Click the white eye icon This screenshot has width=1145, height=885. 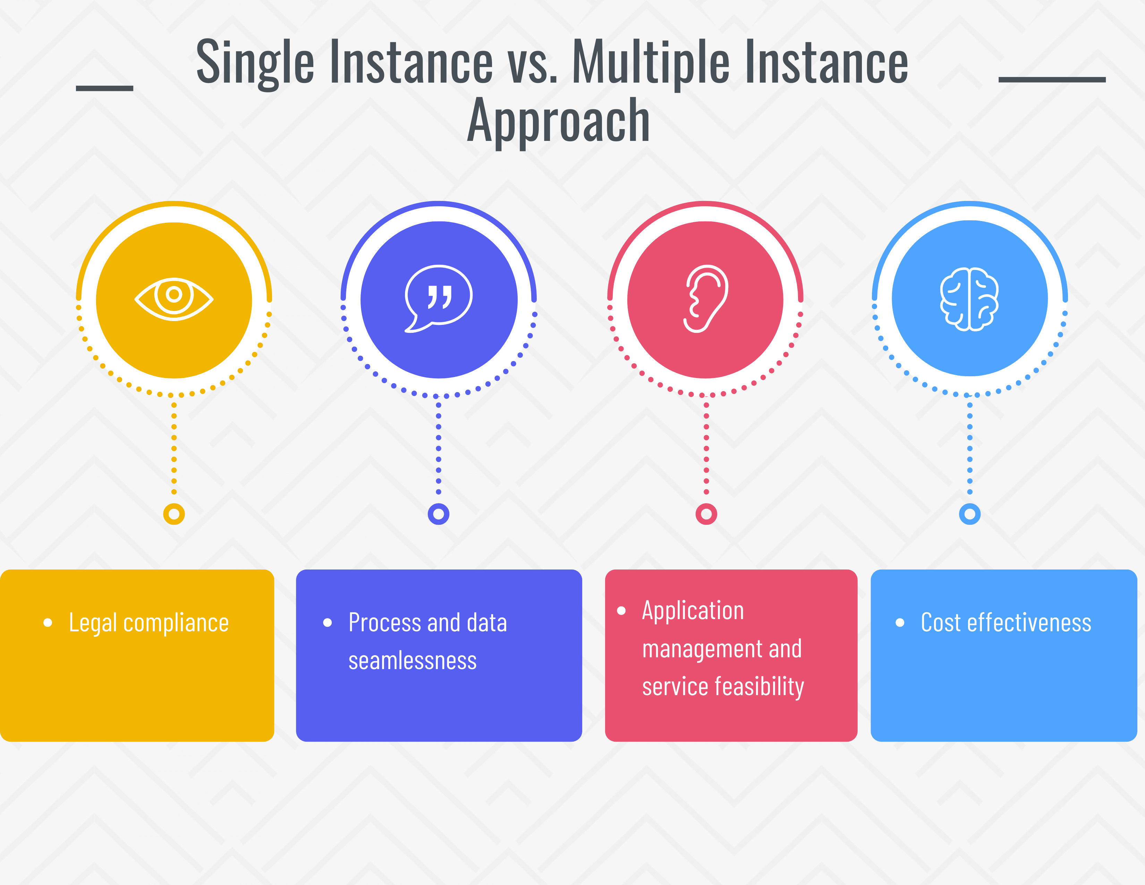174,299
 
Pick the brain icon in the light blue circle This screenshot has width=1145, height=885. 969,299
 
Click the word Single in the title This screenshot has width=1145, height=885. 255,63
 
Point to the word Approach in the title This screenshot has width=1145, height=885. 558,121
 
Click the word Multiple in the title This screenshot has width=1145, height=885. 650,63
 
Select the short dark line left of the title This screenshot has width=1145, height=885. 104,88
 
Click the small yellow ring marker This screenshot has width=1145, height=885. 174,514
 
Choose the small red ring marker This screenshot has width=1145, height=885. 706,514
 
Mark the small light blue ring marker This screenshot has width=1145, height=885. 969,514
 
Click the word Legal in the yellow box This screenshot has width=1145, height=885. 93,623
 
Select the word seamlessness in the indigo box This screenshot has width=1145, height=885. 413,660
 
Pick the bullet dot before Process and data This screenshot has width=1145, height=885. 328,623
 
